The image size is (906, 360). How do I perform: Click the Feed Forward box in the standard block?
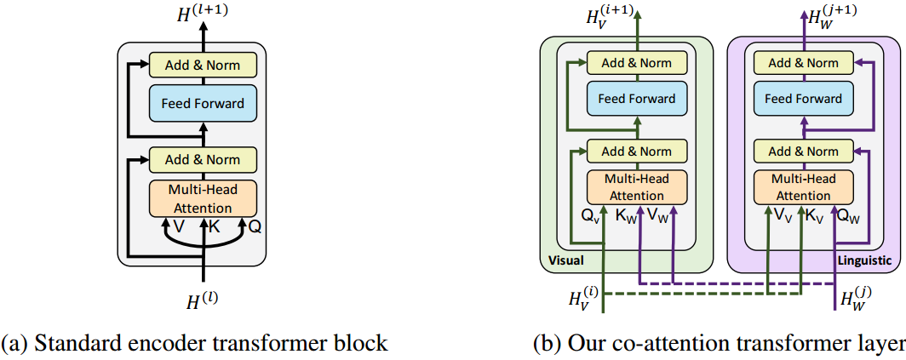point(203,103)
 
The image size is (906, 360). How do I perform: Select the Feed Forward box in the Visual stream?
point(637,99)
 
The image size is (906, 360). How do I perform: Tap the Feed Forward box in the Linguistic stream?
point(803,99)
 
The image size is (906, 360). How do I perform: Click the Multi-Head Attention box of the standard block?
point(203,198)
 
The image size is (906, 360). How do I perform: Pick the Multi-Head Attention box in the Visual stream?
point(637,187)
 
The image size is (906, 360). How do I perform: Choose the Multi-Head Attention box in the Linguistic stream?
point(803,187)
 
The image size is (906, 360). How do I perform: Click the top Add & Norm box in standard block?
point(203,65)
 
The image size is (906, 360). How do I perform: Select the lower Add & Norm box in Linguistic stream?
point(803,151)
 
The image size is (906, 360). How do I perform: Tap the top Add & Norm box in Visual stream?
point(637,62)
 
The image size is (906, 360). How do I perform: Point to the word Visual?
point(563,261)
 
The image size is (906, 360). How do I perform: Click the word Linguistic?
point(863,261)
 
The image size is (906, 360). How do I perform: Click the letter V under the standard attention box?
point(179,226)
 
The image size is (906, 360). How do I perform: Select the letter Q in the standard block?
point(255,227)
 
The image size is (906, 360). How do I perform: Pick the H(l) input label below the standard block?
point(202,301)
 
